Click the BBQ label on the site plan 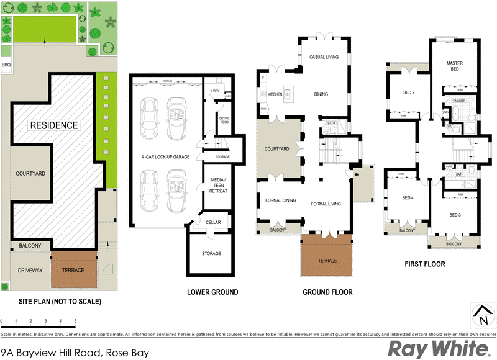[6, 65]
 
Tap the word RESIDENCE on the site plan [55, 125]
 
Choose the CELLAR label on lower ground [213, 222]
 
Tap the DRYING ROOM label [223, 120]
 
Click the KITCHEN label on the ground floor [275, 94]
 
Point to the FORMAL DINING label [280, 200]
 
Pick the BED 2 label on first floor [409, 93]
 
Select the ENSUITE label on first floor [460, 100]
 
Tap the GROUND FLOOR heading [327, 292]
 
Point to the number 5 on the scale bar [76, 321]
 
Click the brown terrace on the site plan [73, 271]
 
